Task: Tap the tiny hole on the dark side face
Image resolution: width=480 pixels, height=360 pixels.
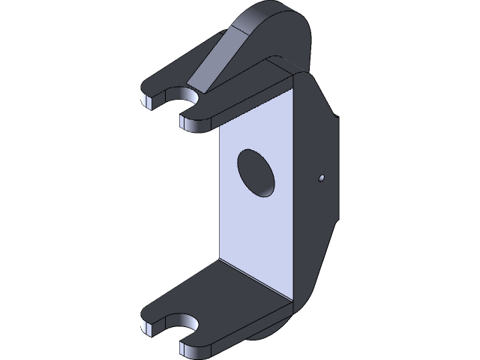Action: click(x=321, y=178)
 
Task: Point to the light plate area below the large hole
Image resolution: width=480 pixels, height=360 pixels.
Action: click(x=255, y=232)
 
